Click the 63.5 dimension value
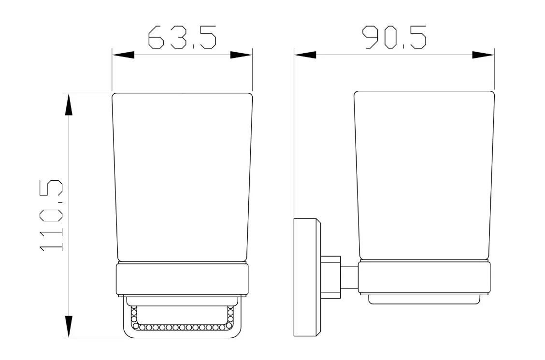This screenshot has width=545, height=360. coord(182,37)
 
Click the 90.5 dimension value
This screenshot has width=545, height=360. coord(395,37)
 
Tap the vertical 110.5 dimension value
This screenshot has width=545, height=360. coord(51,215)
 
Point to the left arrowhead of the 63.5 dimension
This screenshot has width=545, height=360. coord(123,55)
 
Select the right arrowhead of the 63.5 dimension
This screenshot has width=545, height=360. coord(241,55)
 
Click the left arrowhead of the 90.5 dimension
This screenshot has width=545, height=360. coord(305,55)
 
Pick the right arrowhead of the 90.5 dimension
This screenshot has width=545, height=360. coord(483,55)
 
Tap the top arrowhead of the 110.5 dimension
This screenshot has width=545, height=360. coord(69,104)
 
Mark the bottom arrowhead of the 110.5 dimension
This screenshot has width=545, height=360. coord(69,327)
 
